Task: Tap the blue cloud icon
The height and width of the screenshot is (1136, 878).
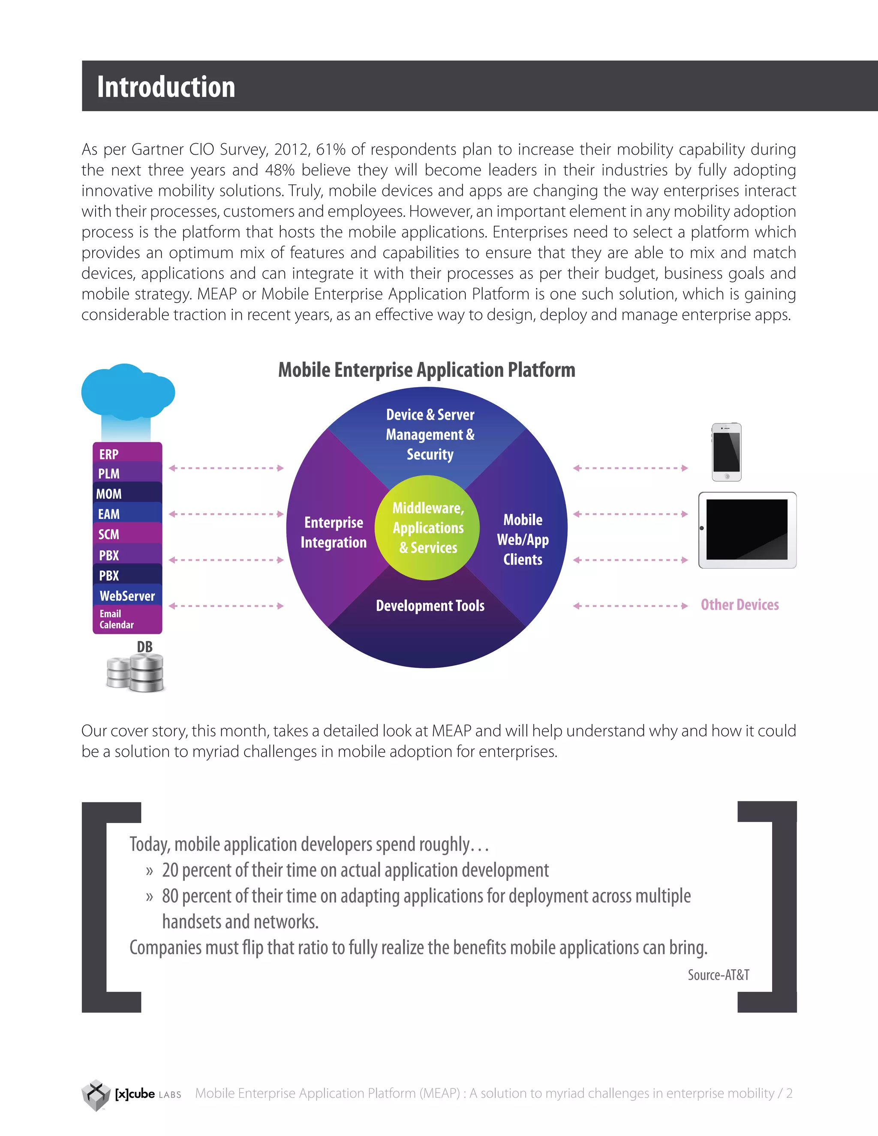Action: [127, 392]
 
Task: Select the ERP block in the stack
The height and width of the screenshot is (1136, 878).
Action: [127, 454]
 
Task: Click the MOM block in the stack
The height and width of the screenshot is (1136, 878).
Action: [127, 493]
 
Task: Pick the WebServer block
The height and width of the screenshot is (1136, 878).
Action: [127, 595]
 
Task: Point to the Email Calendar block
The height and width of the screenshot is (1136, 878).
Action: [127, 619]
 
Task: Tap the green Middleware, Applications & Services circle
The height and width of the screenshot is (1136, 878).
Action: [427, 527]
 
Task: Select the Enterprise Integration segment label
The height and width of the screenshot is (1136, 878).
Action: [334, 532]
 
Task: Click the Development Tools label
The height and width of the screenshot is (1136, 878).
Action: [430, 605]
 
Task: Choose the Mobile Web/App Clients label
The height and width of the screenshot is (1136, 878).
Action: [523, 539]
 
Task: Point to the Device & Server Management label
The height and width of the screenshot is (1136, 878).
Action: [430, 434]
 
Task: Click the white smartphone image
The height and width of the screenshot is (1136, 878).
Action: [726, 451]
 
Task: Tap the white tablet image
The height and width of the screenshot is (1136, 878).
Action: [747, 530]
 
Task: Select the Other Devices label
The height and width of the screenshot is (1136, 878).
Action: [740, 604]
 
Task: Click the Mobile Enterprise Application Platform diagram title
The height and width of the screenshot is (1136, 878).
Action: [427, 370]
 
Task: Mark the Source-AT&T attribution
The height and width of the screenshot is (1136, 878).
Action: [719, 975]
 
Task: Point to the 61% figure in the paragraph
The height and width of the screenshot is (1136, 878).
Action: [331, 149]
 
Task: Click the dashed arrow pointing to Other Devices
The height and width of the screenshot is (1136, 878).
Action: [630, 605]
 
